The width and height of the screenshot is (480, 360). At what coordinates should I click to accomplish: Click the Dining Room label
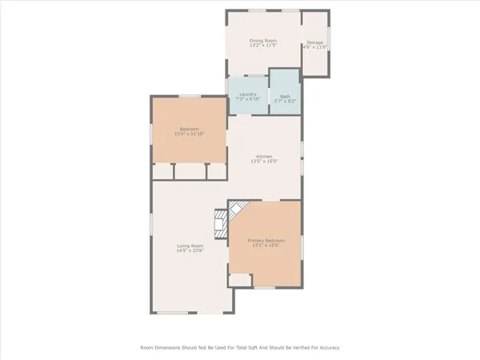[263, 41]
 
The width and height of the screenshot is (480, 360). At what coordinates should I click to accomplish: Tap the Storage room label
[316, 42]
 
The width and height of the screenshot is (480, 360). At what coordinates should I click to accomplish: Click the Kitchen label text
[265, 156]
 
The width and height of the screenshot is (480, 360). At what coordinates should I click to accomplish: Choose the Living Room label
[190, 246]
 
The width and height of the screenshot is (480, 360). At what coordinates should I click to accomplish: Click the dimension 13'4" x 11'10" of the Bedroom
[190, 134]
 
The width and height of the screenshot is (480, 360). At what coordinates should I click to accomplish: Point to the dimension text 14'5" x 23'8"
[190, 251]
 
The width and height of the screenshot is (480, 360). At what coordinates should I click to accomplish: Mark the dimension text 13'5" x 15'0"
[265, 162]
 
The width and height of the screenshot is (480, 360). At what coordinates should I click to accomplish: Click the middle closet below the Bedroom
[190, 171]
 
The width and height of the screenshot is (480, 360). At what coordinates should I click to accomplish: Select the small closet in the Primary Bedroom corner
[238, 279]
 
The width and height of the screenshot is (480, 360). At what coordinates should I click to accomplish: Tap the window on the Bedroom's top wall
[190, 97]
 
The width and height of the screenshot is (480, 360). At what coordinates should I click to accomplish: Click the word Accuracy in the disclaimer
[327, 348]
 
